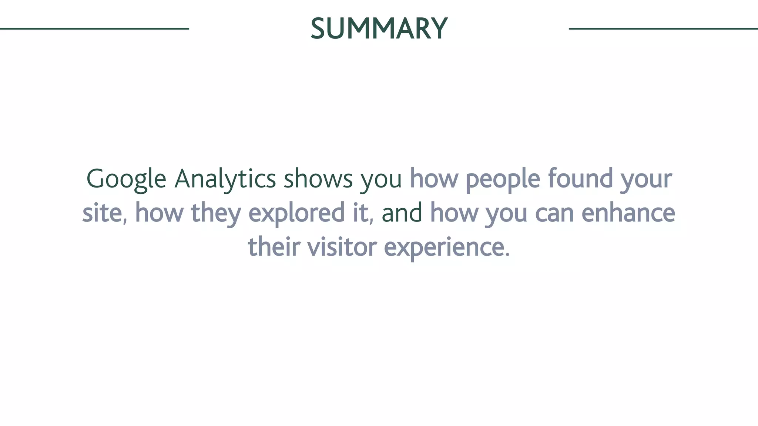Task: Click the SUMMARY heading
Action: click(x=379, y=28)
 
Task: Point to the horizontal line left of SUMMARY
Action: click(x=94, y=28)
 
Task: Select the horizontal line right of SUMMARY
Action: click(x=663, y=28)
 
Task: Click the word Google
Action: click(x=126, y=179)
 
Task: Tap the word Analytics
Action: click(x=225, y=179)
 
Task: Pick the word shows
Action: click(x=318, y=179)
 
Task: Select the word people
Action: click(x=503, y=179)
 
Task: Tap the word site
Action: click(x=103, y=213)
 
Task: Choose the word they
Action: click(x=216, y=214)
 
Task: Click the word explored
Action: click(x=296, y=214)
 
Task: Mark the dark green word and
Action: click(x=402, y=213)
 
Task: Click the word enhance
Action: click(x=628, y=213)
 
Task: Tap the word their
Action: click(x=274, y=247)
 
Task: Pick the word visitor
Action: click(x=342, y=247)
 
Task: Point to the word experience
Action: click(x=447, y=248)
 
